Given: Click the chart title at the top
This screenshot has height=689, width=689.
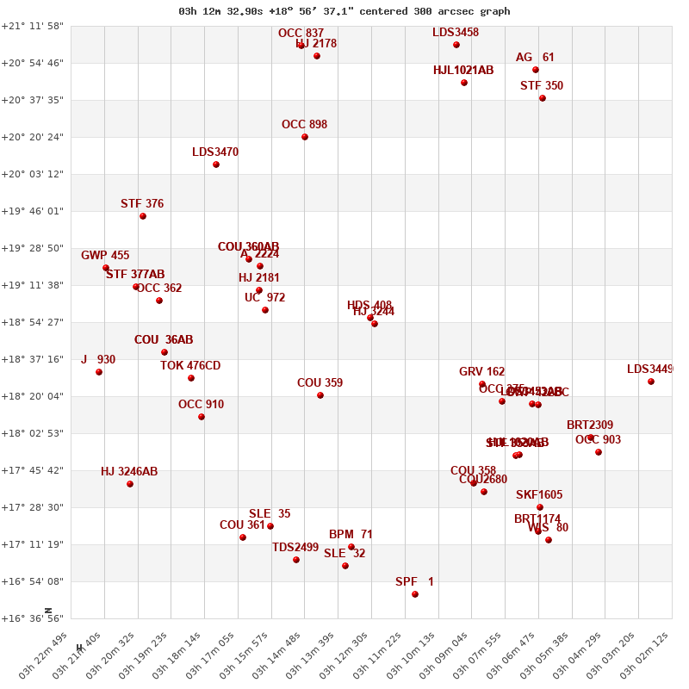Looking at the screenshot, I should (344, 11).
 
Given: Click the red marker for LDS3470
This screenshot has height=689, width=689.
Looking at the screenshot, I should (216, 164).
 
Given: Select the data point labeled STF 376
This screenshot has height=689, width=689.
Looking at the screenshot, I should (143, 216).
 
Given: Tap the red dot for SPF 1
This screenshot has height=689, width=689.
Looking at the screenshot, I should (415, 594).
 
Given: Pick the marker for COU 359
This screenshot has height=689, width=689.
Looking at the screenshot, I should (320, 395).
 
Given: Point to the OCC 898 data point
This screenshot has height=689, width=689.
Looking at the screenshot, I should (305, 137).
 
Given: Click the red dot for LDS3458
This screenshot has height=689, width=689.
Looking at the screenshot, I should (456, 45).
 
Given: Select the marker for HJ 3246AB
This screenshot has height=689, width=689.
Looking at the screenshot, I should (130, 484).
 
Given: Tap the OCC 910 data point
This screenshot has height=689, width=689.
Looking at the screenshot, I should (202, 417).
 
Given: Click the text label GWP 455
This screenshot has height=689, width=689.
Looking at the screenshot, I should (105, 256).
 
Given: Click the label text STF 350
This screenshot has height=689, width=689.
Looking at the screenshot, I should (542, 86).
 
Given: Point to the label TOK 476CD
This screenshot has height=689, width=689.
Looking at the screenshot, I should (190, 366).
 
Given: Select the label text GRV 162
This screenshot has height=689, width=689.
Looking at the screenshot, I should (482, 372).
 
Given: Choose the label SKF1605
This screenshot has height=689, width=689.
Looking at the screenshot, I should (539, 495).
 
